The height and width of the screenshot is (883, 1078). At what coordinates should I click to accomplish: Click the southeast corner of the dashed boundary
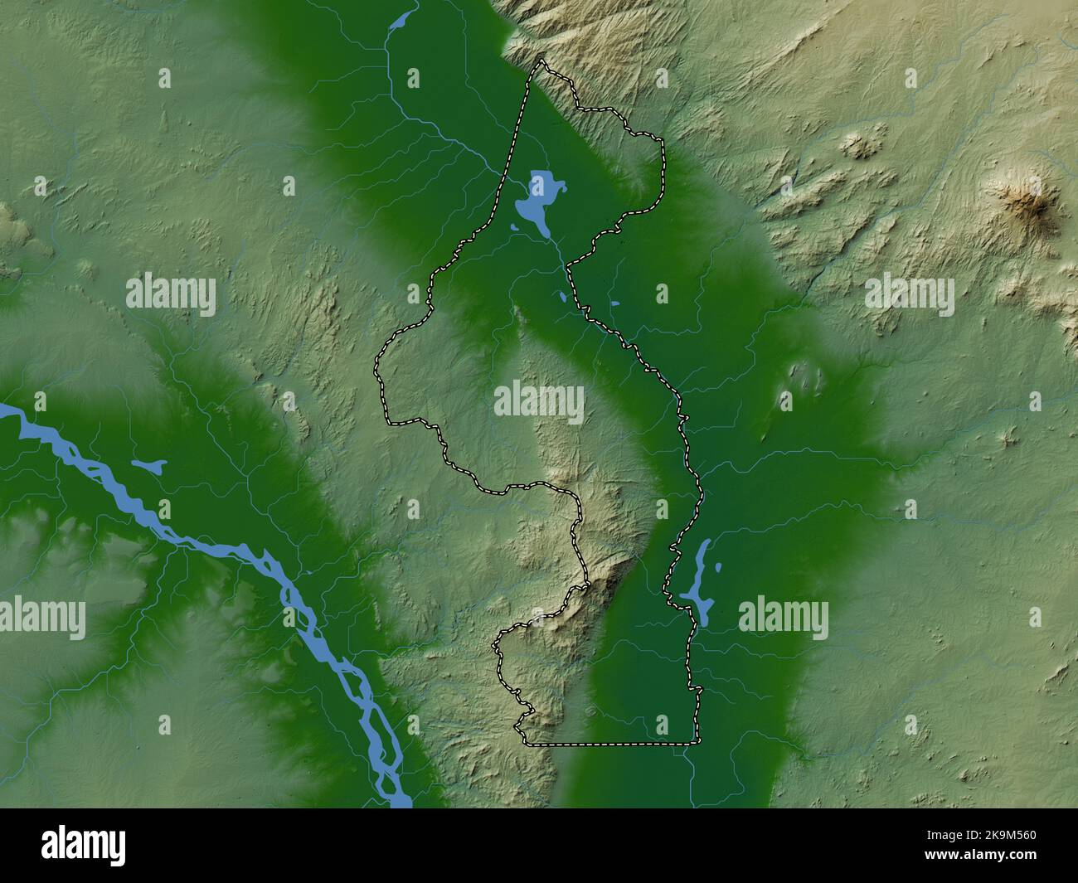pyautogui.click(x=697, y=742)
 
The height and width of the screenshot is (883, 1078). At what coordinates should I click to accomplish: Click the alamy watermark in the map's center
pyautogui.click(x=539, y=402)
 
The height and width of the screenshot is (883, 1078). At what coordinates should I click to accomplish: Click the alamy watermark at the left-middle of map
pyautogui.click(x=171, y=294)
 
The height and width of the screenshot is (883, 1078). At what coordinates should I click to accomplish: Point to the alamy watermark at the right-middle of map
pyautogui.click(x=909, y=295)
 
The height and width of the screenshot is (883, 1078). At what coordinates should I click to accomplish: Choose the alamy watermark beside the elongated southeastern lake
pyautogui.click(x=783, y=618)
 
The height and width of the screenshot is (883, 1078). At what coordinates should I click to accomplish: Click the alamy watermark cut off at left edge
pyautogui.click(x=41, y=618)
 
